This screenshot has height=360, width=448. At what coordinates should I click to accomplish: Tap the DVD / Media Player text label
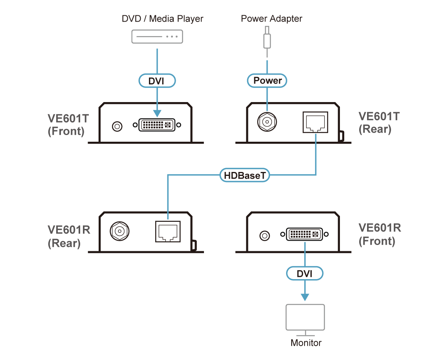162,18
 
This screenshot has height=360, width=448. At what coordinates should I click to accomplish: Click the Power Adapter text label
272,18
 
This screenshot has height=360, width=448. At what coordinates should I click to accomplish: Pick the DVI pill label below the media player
157,81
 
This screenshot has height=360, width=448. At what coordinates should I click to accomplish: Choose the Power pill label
267,81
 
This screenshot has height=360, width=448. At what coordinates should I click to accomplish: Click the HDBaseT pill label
244,175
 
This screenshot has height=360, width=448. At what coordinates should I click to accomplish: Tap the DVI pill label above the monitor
305,274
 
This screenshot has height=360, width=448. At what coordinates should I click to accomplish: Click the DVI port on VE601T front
157,125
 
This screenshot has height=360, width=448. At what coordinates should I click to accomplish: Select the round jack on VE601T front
117,126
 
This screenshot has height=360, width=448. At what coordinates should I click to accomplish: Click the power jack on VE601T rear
266,122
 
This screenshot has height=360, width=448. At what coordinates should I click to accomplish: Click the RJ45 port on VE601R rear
168,232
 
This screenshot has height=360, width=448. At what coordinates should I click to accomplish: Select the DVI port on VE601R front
305,235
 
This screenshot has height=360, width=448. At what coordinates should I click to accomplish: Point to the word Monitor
306,343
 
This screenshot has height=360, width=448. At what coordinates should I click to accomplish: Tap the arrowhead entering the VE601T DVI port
157,113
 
